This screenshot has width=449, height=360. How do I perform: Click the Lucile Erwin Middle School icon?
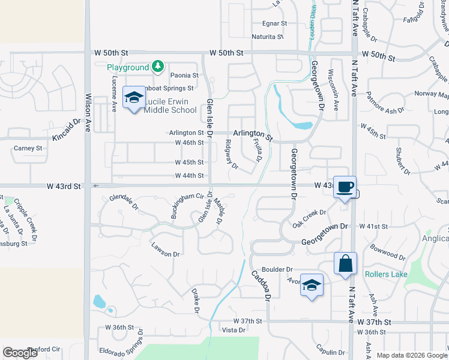point(133,97)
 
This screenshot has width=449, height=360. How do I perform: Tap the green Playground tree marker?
point(157,67)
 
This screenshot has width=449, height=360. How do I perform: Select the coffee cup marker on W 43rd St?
point(345,187)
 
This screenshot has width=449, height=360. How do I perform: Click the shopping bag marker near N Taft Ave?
point(346,263)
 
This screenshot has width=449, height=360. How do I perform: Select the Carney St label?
point(28,148)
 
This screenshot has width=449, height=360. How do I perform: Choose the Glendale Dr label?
point(124,203)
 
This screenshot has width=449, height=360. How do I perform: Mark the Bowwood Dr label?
point(388,252)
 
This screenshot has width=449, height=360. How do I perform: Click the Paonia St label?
point(184,76)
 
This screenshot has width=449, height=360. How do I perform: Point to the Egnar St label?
point(275,23)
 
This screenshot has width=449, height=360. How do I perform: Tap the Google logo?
point(20,353)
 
